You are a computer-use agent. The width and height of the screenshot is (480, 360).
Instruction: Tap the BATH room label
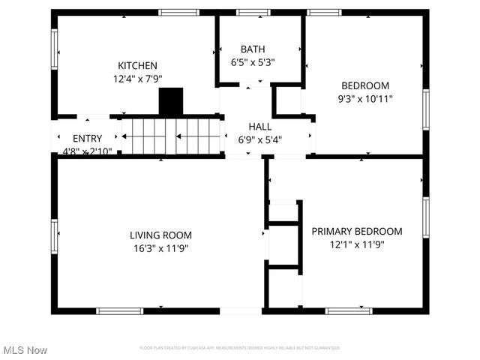tap(253, 49)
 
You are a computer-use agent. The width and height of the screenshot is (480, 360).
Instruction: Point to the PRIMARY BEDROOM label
tap(357, 232)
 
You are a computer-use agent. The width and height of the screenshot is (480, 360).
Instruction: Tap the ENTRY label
tap(87, 139)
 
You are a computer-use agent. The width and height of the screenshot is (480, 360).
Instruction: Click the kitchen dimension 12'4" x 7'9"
tap(137, 78)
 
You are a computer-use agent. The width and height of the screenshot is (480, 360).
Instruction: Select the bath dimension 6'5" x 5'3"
tap(253, 63)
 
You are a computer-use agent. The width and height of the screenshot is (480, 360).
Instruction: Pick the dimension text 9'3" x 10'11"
tap(366, 98)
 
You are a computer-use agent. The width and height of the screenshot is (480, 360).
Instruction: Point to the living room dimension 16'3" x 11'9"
tap(160, 248)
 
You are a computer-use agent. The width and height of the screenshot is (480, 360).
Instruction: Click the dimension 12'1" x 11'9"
tap(357, 244)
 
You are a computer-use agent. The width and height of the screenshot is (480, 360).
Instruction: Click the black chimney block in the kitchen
tap(171, 102)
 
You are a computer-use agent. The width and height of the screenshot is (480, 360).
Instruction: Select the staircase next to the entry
tap(172, 136)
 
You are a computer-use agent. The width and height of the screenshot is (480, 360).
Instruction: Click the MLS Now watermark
tap(25, 350)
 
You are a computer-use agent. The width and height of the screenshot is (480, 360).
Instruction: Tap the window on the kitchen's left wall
tap(53, 49)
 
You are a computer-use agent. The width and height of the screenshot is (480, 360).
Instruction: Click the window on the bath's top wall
tap(253, 12)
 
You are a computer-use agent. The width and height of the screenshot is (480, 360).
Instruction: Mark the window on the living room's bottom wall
tap(120, 310)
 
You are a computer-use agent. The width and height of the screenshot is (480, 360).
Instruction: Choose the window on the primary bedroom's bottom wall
tap(349, 310)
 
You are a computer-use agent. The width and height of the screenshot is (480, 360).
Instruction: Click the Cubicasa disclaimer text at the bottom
tap(239, 348)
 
